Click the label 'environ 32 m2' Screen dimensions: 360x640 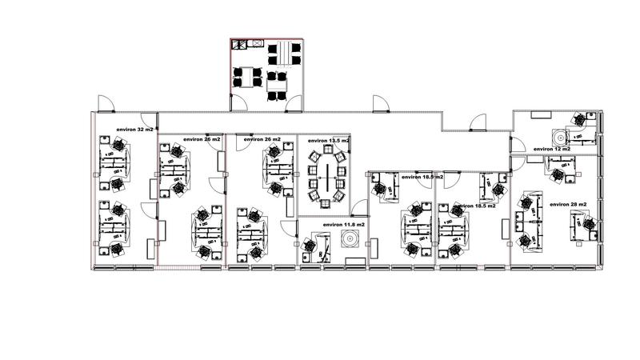tap(134, 129)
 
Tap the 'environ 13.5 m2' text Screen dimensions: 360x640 tap(329, 141)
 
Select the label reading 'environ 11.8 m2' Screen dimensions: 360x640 tap(344, 226)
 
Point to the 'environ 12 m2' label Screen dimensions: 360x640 tap(552, 149)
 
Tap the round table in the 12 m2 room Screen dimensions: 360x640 tap(557, 134)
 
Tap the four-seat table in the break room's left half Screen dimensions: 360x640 tap(247, 78)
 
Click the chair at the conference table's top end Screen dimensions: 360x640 tap(327, 150)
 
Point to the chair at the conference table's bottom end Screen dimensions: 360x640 tap(326, 204)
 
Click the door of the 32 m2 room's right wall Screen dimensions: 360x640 tap(152, 190)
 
